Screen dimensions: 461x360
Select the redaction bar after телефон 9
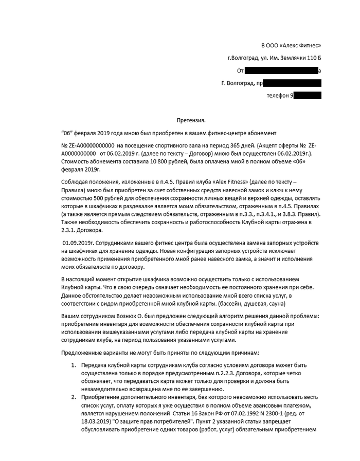click(308, 95)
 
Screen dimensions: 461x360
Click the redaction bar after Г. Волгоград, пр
click(293, 83)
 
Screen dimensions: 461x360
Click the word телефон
click(278, 96)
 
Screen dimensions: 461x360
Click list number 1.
click(73, 364)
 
